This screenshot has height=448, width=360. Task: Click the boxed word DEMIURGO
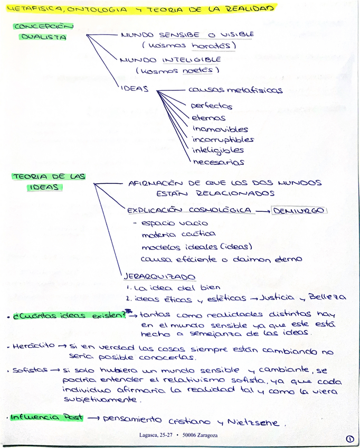click(300, 211)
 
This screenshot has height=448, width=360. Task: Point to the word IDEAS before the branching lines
click(135, 89)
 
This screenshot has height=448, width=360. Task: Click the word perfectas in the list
click(211, 106)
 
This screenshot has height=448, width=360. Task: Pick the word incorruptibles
click(223, 140)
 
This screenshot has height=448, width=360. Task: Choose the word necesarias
click(218, 162)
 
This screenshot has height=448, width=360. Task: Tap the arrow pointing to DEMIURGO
click(262, 211)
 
